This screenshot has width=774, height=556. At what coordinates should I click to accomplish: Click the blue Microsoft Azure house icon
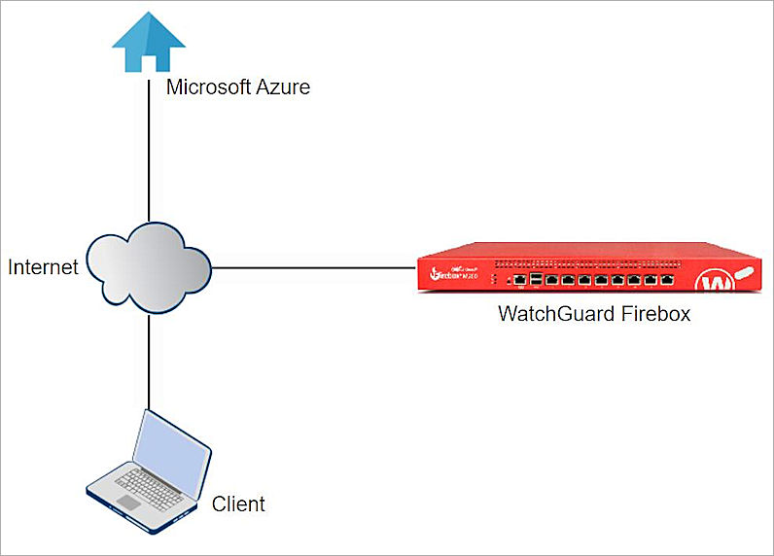pyautogui.click(x=148, y=42)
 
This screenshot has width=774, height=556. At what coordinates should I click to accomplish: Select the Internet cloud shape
pyautogui.click(x=149, y=265)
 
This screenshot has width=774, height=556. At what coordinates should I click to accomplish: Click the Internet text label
pyautogui.click(x=43, y=267)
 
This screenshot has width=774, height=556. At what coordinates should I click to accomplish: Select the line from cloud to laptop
pyautogui.click(x=148, y=360)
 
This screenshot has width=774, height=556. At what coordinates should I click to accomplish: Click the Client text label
pyautogui.click(x=238, y=504)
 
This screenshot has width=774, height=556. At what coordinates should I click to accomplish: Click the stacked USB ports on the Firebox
pyautogui.click(x=538, y=279)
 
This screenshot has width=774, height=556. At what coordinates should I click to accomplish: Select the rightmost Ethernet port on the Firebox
pyautogui.click(x=666, y=279)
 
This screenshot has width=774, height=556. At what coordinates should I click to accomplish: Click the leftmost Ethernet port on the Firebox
pyautogui.click(x=521, y=280)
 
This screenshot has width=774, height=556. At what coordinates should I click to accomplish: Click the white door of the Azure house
pyautogui.click(x=148, y=60)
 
